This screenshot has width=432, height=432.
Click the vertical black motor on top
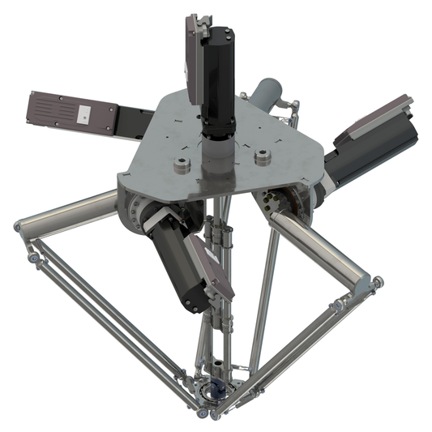(218, 77)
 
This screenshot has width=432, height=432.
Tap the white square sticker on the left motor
(84, 115)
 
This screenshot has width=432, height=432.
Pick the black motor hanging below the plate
(179, 267)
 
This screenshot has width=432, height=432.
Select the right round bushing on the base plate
(261, 156)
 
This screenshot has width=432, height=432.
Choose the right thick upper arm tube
(321, 247)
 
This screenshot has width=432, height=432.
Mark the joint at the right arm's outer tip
(374, 284)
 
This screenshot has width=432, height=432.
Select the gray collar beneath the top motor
(216, 150)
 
